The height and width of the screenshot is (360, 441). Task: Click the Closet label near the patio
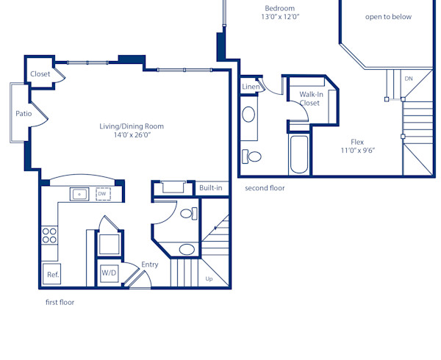point(40,74)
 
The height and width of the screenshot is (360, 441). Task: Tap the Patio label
point(24,114)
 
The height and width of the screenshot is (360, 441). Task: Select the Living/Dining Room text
point(132,126)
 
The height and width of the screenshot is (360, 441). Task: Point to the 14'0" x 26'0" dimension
point(132,135)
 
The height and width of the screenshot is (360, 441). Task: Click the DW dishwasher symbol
point(103,194)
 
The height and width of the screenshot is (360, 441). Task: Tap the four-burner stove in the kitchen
point(49,235)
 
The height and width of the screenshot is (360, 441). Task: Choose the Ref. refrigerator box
point(53,275)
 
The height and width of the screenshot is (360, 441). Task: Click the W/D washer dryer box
point(109,273)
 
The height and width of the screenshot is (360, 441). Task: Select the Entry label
point(150,264)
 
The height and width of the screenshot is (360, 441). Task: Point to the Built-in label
point(210,188)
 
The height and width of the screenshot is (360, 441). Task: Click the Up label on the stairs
point(209,279)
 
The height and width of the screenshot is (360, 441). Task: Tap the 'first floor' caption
point(60,302)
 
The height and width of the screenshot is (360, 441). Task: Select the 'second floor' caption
point(265,188)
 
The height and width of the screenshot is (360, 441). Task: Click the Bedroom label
point(280,8)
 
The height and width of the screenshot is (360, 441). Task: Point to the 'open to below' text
point(388,17)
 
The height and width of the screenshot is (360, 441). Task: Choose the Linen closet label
point(250,87)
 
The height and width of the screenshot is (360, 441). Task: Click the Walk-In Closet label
point(309,98)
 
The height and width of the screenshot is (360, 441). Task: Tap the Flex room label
point(358,142)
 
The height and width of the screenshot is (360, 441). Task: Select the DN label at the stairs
point(409,79)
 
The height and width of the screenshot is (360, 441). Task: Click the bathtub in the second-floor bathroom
point(299,155)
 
